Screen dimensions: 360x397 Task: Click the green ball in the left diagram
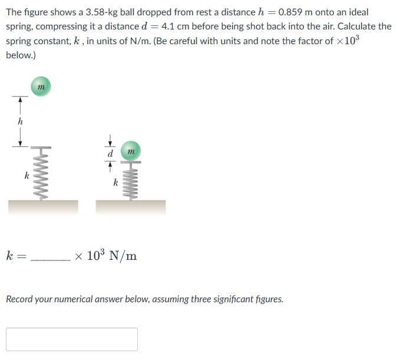[40, 87]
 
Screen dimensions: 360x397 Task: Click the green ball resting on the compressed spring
[131, 153]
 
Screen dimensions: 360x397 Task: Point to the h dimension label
[21, 121]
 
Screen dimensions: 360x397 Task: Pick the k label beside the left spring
[26, 175]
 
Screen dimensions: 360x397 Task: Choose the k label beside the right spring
[115, 183]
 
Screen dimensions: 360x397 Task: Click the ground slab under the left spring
[43, 206]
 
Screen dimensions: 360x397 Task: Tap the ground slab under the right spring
[131, 206]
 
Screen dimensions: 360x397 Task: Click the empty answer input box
[72, 339]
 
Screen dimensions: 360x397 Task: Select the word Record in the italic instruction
[20, 299]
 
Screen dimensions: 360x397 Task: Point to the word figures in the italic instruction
[268, 299]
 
